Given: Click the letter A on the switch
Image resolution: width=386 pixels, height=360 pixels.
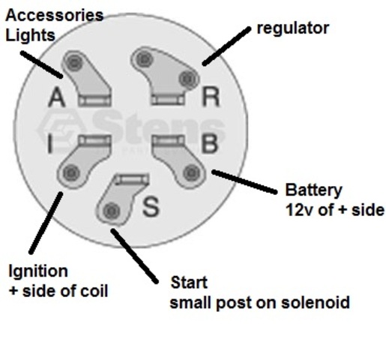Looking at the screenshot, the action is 57,97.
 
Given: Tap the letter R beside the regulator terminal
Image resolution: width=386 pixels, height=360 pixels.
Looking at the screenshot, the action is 211,97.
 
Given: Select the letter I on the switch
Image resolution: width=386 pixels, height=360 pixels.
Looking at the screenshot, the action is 50,143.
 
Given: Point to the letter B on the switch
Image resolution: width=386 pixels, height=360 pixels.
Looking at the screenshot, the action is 210,143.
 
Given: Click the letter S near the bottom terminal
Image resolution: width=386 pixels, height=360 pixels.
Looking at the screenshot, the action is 151,206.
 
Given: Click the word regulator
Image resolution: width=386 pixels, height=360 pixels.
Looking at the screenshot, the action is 293,28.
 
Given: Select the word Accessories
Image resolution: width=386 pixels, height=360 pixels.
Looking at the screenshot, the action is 55,15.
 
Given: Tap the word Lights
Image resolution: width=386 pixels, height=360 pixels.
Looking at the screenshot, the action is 30,35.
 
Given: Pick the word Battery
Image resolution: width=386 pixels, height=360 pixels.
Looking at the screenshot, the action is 313,190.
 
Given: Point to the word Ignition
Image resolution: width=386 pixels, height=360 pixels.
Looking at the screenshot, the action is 38,271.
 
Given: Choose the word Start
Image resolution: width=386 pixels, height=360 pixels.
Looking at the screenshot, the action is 189,283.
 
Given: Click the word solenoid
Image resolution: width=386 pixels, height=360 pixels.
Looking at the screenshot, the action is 316,302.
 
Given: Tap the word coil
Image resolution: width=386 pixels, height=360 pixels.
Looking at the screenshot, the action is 94,290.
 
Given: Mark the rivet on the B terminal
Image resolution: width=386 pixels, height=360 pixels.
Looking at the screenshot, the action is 192,172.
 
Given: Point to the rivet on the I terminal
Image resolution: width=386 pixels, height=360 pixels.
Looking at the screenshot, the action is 71,173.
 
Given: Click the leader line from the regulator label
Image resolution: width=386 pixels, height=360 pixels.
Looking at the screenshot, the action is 227,46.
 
